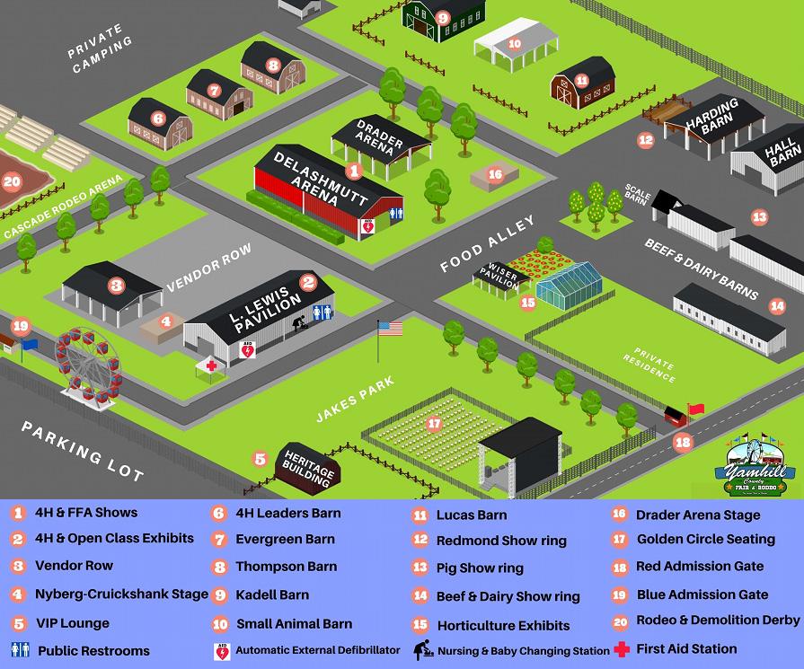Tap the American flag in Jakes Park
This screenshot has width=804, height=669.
coord(390,329)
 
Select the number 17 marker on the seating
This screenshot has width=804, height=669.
coord(435,423)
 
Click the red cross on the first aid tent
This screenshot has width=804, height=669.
coord(211,366)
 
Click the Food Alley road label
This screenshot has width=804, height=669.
coord(487,243)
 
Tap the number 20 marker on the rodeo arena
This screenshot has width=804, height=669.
coord(11,180)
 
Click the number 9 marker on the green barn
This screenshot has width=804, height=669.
coord(443,17)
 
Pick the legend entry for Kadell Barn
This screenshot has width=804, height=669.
coord(272,594)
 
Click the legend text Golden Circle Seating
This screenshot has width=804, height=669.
coord(705,539)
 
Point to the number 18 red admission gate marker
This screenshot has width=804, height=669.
coord(683,442)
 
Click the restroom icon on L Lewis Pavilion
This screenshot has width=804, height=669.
coord(322,312)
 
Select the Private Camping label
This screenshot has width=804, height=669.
coord(100,55)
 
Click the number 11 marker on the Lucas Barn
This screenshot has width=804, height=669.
coord(582,80)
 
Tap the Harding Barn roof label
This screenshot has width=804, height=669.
coord(712,118)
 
